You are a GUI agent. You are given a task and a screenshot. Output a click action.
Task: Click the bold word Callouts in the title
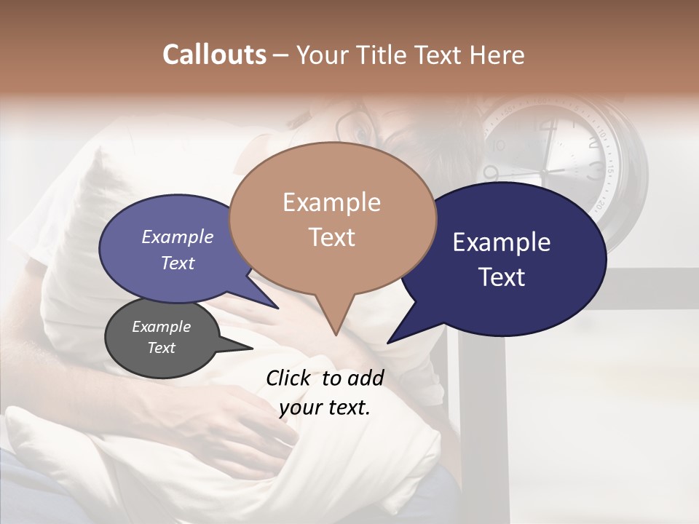point(214,55)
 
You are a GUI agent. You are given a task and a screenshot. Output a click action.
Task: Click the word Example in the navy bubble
point(502,242)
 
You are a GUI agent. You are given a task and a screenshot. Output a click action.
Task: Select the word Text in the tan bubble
point(332,237)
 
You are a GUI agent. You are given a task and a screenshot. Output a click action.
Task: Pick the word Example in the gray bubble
point(162,327)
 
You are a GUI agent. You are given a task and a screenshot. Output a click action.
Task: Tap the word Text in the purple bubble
point(178,263)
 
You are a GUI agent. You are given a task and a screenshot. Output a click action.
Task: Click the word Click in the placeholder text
point(290,378)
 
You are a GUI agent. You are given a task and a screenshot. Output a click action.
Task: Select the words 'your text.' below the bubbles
point(325,407)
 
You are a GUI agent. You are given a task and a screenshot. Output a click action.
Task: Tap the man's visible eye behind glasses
point(360,135)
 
